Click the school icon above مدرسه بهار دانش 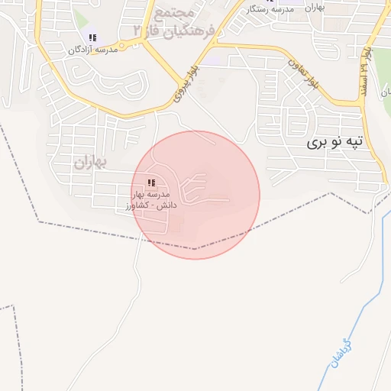coord(151,183)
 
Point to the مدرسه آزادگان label coord(93,49)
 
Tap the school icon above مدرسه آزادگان coord(92,37)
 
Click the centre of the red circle coord(195,195)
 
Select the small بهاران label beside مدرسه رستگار coord(314,8)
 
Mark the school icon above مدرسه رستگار coord(268,2)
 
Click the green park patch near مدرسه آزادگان coord(82,19)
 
